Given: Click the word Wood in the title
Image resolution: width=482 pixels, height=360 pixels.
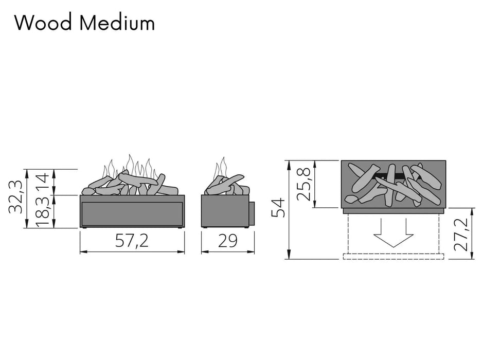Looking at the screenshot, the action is click(x=43, y=23).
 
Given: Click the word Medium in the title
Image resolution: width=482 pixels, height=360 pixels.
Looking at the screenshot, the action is click(x=117, y=23).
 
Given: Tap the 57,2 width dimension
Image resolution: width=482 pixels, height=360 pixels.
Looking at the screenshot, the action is click(x=132, y=241).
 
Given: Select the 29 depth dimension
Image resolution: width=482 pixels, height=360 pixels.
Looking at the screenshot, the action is click(x=228, y=240).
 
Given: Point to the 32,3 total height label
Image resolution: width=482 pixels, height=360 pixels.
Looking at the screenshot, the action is click(x=15, y=197).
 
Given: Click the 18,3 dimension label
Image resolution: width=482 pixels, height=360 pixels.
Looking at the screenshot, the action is click(x=42, y=212).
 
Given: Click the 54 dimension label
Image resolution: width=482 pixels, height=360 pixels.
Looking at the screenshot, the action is click(x=279, y=208).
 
